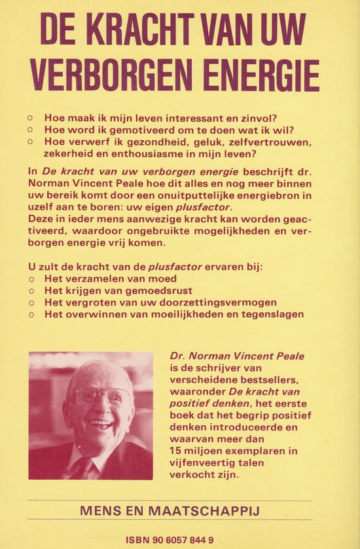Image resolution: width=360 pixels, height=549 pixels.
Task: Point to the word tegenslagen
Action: pyautogui.click(x=272, y=314)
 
